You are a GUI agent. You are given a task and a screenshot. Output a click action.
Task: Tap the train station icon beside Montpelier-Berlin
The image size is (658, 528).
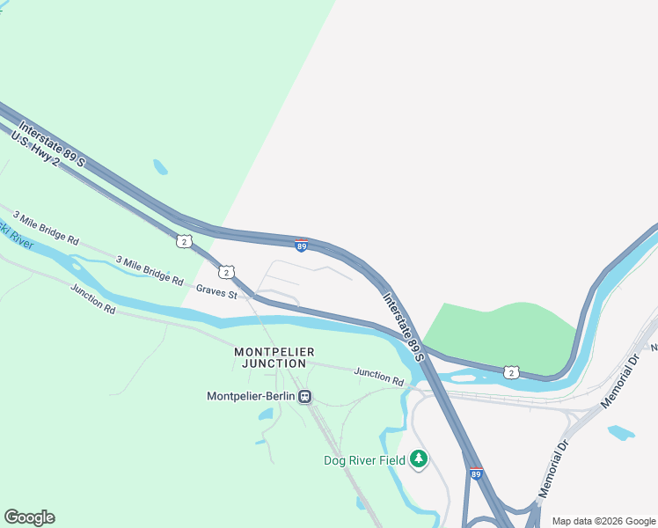click(305, 396)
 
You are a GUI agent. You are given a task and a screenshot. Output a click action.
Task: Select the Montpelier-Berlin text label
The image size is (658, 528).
click(250, 396)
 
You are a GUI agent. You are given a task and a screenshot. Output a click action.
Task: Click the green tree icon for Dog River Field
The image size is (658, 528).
click(420, 459)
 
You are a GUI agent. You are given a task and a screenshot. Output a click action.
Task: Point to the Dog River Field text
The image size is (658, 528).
click(364, 460)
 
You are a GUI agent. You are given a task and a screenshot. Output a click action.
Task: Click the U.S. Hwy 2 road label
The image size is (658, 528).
click(35, 149)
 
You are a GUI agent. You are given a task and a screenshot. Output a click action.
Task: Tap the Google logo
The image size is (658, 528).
click(29, 517)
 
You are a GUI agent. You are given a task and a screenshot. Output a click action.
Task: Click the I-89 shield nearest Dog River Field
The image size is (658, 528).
click(476, 474)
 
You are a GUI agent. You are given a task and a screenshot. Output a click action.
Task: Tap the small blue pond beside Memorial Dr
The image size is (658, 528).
click(620, 432)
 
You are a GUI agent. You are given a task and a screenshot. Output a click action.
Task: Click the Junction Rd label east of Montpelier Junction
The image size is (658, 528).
click(378, 377)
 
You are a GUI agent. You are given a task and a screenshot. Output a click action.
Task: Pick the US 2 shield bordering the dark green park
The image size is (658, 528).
click(511, 371)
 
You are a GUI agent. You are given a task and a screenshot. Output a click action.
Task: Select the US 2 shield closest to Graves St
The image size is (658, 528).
click(226, 272)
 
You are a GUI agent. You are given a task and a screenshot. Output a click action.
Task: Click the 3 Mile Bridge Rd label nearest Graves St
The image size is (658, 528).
click(150, 270)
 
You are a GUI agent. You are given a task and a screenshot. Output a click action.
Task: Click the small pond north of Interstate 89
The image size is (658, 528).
click(160, 166)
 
